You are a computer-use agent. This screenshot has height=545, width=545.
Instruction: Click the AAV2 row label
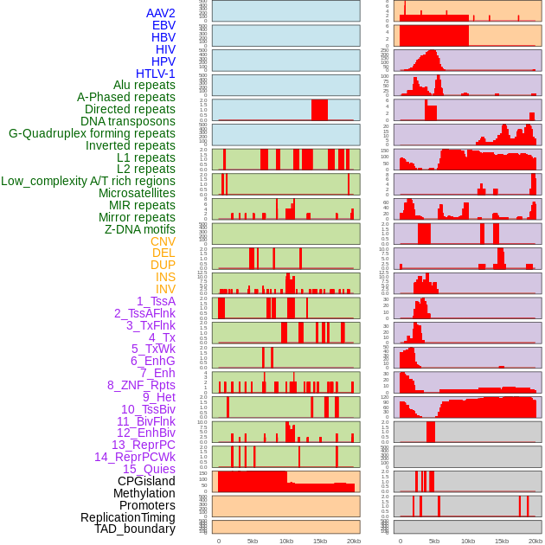(x=160, y=13)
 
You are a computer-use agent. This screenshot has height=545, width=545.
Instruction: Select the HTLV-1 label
(x=155, y=74)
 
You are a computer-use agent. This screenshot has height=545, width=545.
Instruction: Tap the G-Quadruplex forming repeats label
(x=92, y=133)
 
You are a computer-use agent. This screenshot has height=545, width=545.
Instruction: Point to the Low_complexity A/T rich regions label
(x=88, y=181)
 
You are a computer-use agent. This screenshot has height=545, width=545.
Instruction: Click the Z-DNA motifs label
(x=139, y=229)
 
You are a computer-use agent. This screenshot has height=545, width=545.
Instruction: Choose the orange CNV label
(x=163, y=241)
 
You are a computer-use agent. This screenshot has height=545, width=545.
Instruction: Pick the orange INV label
(x=165, y=289)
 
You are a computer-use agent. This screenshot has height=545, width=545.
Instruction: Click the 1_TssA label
(x=156, y=301)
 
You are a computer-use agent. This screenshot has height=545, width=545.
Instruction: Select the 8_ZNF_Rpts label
(x=141, y=385)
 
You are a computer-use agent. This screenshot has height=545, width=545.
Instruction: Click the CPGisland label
(x=146, y=481)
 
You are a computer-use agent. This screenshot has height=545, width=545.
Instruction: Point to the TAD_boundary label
(x=135, y=529)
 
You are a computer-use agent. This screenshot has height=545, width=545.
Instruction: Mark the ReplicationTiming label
(x=127, y=517)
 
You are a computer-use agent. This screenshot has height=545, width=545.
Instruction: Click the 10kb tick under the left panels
(x=286, y=541)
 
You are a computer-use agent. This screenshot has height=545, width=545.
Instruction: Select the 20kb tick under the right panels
(x=535, y=541)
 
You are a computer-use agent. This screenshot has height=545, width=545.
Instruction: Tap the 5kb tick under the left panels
(x=253, y=541)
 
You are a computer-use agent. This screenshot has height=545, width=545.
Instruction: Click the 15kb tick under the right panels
(x=502, y=541)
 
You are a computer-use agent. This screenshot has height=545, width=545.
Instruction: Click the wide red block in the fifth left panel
(x=319, y=110)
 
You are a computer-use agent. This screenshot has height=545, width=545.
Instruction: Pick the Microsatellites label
(x=137, y=193)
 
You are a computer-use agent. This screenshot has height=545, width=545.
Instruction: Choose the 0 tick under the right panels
(x=400, y=541)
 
